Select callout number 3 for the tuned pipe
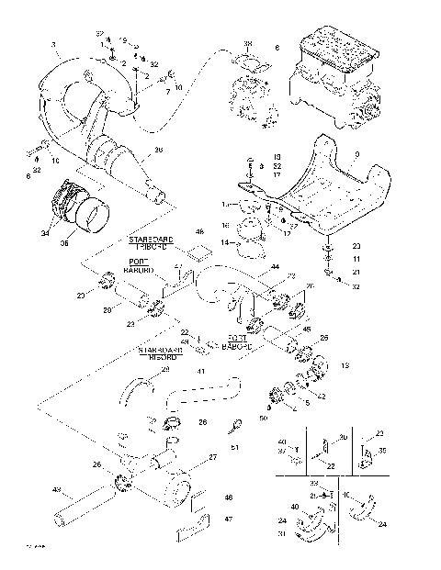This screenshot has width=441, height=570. tap(52, 44)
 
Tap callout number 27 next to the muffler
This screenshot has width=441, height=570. tap(213, 457)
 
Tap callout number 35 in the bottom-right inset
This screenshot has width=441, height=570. tap(382, 451)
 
